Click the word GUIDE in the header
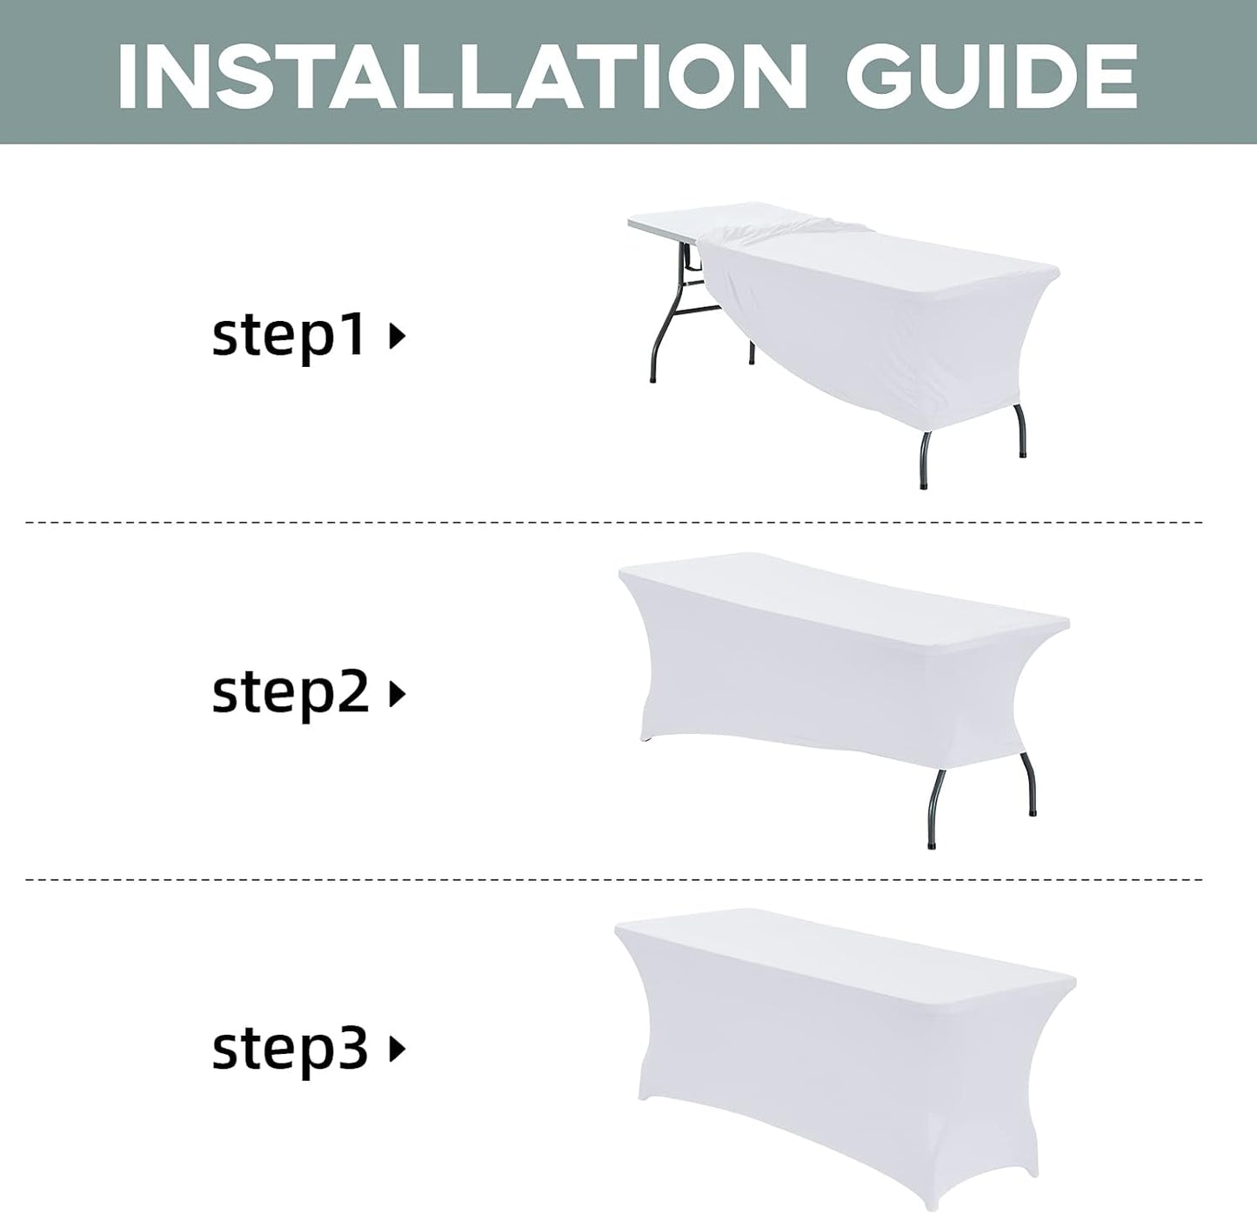(x=992, y=77)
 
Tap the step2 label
(x=290, y=694)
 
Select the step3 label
(x=290, y=1051)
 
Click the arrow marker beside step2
(x=398, y=694)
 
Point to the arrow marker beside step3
(x=398, y=1051)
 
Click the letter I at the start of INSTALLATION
(x=128, y=77)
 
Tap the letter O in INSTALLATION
(x=700, y=77)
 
